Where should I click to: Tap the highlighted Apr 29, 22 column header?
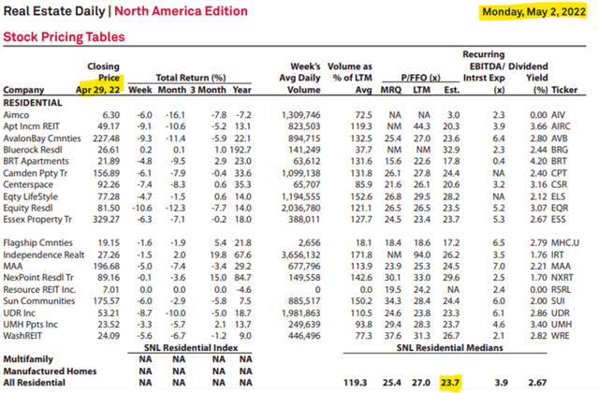pyautogui.click(x=99, y=89)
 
